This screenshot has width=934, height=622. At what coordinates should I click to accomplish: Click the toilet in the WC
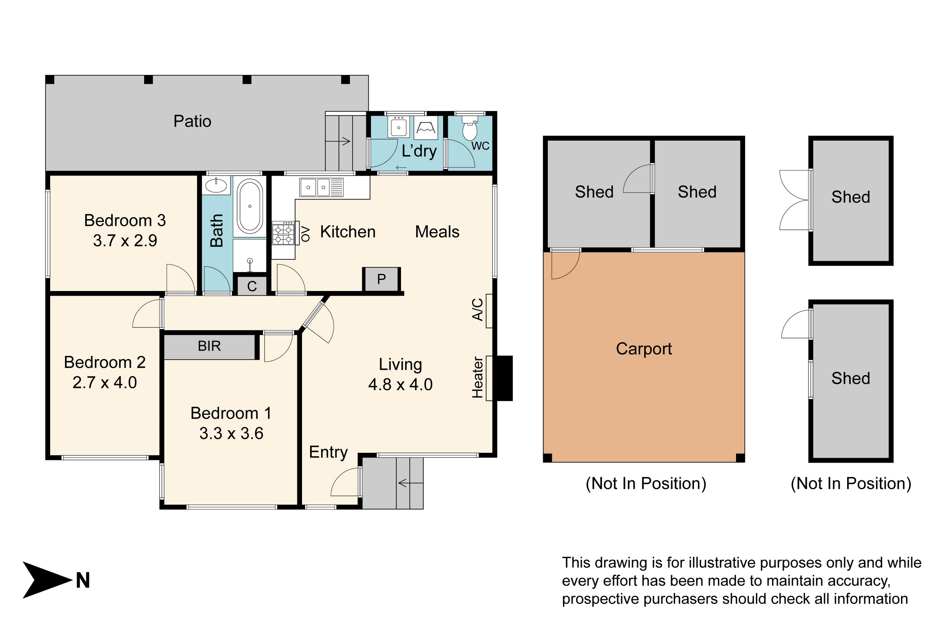(470, 128)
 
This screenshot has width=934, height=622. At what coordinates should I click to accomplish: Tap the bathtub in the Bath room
(250, 206)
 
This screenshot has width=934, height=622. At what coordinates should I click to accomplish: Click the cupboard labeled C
(252, 285)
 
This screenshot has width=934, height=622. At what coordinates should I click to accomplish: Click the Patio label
(192, 121)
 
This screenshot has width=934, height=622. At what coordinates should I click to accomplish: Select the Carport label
(644, 349)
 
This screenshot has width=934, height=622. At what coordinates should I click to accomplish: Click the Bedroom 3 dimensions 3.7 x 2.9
(125, 240)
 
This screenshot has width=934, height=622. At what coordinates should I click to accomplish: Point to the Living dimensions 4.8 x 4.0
(400, 384)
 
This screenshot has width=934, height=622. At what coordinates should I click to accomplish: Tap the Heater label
(477, 377)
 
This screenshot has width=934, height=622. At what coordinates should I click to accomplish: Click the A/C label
(477, 309)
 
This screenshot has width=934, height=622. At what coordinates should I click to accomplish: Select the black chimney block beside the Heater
(505, 378)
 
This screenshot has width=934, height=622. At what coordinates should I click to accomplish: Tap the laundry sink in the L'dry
(398, 127)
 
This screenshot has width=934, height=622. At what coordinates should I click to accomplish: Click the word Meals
(437, 232)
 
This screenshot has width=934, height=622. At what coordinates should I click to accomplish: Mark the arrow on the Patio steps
(338, 141)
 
